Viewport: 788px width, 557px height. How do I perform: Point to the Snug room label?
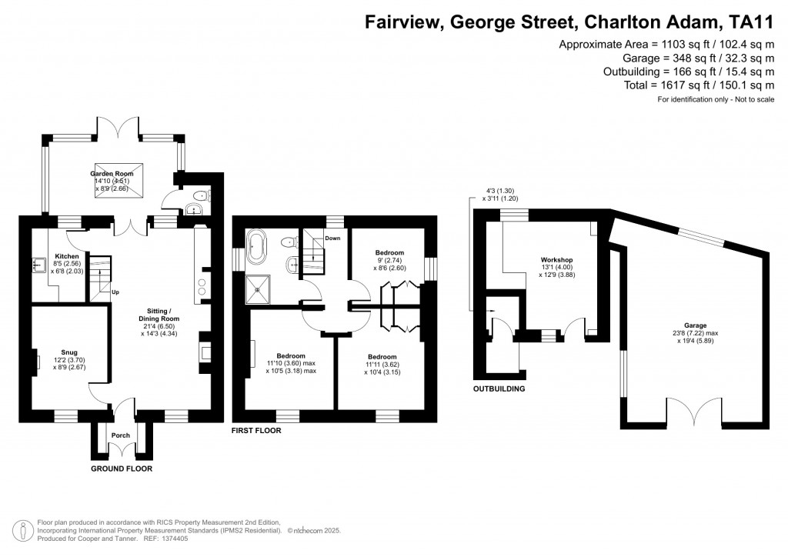pos(63,352)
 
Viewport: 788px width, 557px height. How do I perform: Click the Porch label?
pos(121,435)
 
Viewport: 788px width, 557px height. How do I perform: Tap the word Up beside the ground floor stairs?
pos(116,292)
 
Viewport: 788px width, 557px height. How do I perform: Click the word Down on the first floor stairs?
pos(332,238)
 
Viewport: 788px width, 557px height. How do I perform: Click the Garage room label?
pos(689,325)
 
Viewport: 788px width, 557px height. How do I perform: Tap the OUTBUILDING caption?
pos(499,389)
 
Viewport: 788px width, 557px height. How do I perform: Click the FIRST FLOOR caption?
pos(256,432)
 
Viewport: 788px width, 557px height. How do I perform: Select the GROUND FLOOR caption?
pos(122,469)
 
